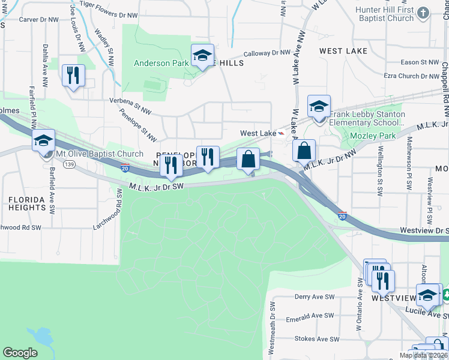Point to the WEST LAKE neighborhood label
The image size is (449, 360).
343,51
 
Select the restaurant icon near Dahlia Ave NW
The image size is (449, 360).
73,76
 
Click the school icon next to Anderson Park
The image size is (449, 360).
203,56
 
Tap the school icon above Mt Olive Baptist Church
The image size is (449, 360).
43,141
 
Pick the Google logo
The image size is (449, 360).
20,353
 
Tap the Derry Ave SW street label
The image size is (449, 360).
314,297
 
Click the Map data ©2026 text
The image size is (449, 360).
423,355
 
